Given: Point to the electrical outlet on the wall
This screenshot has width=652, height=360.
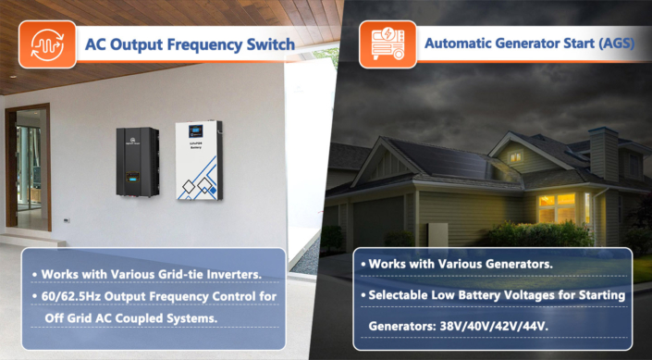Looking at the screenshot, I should click(66, 219).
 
